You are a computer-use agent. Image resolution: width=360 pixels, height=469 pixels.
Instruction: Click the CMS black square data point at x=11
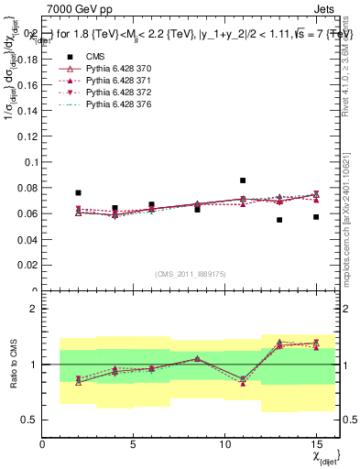[243, 180]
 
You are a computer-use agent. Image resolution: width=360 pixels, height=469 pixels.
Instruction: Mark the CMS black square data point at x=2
[78, 193]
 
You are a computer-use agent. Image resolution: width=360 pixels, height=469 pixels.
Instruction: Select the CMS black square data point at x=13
[279, 220]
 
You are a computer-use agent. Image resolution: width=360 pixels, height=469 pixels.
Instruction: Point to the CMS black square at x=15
[316, 217]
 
